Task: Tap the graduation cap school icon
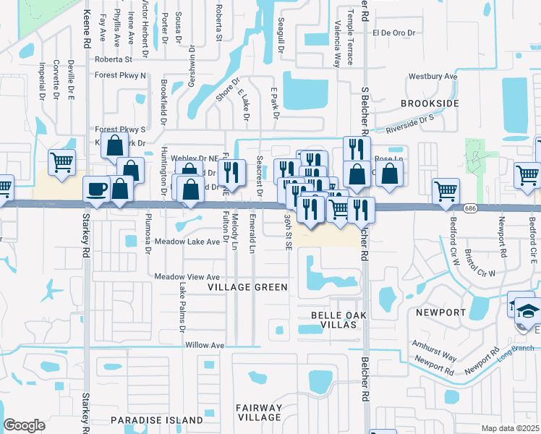click(x=529, y=310)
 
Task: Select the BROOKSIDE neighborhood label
click(x=430, y=104)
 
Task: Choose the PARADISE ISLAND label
click(x=157, y=420)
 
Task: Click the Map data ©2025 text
click(x=510, y=428)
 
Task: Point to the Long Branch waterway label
click(x=509, y=352)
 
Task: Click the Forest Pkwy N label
click(x=120, y=75)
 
